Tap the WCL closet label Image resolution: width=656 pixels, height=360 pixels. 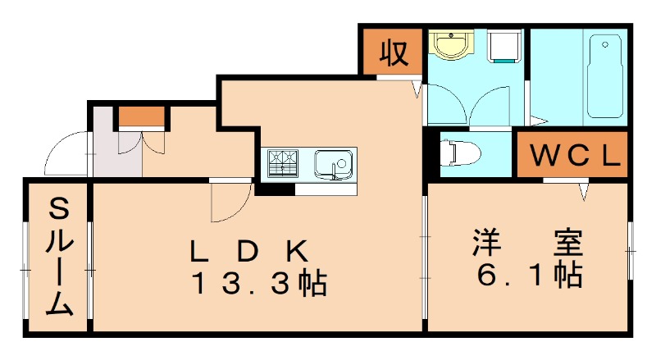pyautogui.click(x=572, y=156)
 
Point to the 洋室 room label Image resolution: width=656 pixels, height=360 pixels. pyautogui.click(x=526, y=243)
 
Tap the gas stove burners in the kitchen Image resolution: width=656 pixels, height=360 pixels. pyautogui.click(x=281, y=162)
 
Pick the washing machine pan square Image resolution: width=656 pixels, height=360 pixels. pyautogui.click(x=504, y=48)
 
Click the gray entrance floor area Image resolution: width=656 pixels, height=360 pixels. pyautogui.click(x=105, y=148)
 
